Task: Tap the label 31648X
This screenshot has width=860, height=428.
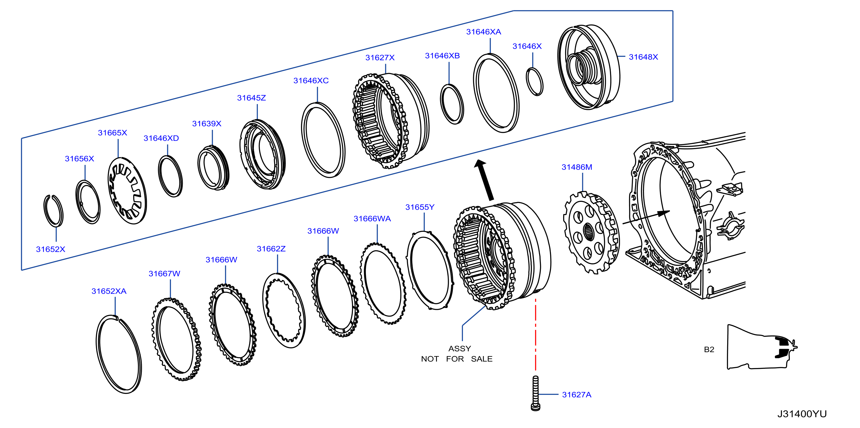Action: (643, 57)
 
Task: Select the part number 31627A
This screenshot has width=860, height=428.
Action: (577, 395)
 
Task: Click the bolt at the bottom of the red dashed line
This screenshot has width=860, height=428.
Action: (535, 393)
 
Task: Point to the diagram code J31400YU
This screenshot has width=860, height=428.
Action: (802, 414)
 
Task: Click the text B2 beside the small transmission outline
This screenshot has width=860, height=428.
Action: (709, 349)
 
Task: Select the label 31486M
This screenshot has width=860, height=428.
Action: (577, 167)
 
